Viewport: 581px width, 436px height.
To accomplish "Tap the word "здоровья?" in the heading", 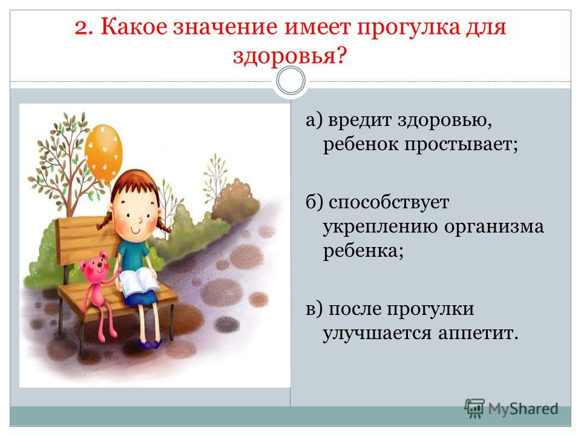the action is point(290,56).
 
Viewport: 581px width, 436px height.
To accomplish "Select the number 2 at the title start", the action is point(84,27).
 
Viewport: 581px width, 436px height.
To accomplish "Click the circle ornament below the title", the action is point(291,81).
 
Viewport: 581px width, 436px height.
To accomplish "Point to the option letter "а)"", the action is point(314,120).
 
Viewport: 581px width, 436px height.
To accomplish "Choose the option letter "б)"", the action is point(314,202).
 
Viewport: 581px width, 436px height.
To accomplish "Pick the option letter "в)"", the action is point(314,309).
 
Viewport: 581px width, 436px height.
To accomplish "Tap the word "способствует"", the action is point(389,202).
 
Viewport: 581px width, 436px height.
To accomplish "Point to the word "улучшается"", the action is point(377,333).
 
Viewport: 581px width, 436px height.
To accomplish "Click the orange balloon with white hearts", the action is point(103,153).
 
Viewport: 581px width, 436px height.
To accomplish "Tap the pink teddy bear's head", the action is point(94,266).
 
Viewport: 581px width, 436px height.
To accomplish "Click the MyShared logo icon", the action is point(474,409).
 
